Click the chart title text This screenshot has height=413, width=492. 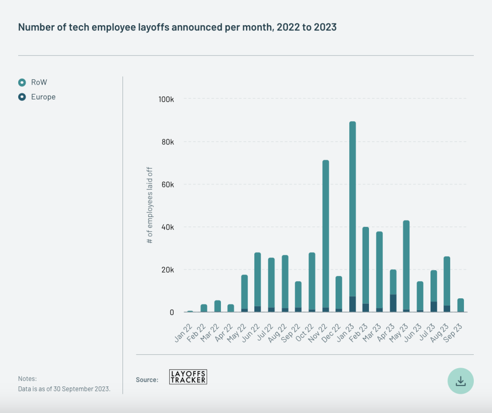click(177, 27)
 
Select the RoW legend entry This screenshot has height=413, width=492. click(39, 82)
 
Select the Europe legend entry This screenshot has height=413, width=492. click(43, 97)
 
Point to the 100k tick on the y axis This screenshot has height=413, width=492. click(166, 99)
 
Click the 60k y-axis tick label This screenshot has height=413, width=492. click(167, 185)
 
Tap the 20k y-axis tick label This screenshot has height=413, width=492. click(167, 270)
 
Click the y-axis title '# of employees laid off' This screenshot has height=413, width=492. click(150, 206)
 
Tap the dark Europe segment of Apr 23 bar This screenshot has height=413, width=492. click(393, 303)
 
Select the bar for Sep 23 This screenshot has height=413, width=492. click(461, 305)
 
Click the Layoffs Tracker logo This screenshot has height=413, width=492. click(188, 377)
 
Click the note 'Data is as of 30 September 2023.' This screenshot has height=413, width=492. click(64, 389)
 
